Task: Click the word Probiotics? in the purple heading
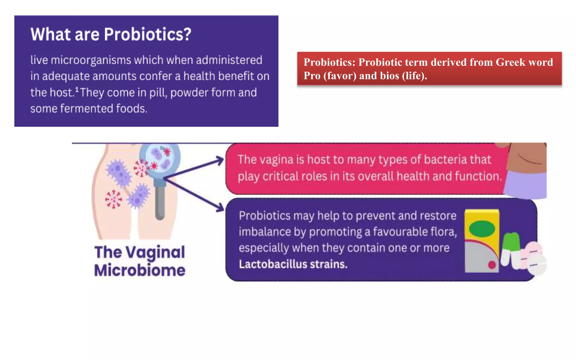tap(147, 35)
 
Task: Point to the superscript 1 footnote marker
tap(77, 89)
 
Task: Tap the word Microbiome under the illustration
tap(140, 271)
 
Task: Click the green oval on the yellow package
tap(482, 228)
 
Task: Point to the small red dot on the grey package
tap(492, 265)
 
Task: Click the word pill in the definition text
tap(158, 93)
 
